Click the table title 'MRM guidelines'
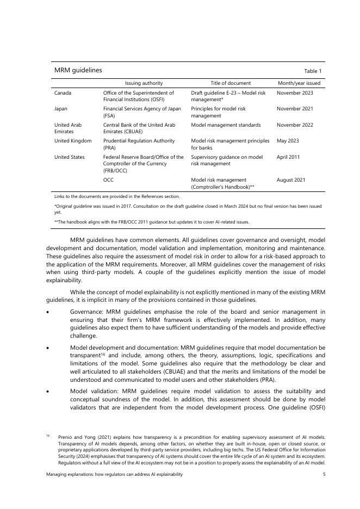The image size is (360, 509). tap(78, 70)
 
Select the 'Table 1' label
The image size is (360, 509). tap(313, 71)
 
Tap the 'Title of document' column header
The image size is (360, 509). tap(231, 83)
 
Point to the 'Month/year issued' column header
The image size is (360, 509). tap(299, 83)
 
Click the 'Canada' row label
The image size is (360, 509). tap(63, 93)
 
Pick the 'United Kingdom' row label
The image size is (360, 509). tap(73, 140)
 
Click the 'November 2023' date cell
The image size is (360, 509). tap(295, 93)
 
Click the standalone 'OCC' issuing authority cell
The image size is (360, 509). tap(108, 179)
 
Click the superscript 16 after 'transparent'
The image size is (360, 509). tap(103, 354)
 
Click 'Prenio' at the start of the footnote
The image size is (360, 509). tap(66, 437)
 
